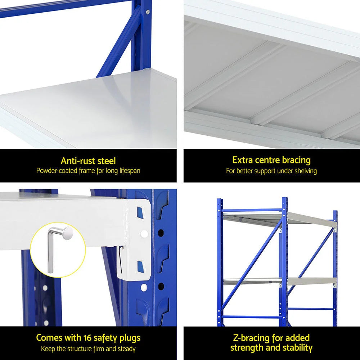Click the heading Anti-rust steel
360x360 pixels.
pos(88,161)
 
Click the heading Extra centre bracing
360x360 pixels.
pos(271,160)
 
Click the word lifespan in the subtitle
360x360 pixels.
pos(126,170)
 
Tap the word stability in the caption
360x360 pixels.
pos(295,347)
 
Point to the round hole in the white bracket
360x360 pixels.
pos(144,234)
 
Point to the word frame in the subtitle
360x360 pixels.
pos(87,170)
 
